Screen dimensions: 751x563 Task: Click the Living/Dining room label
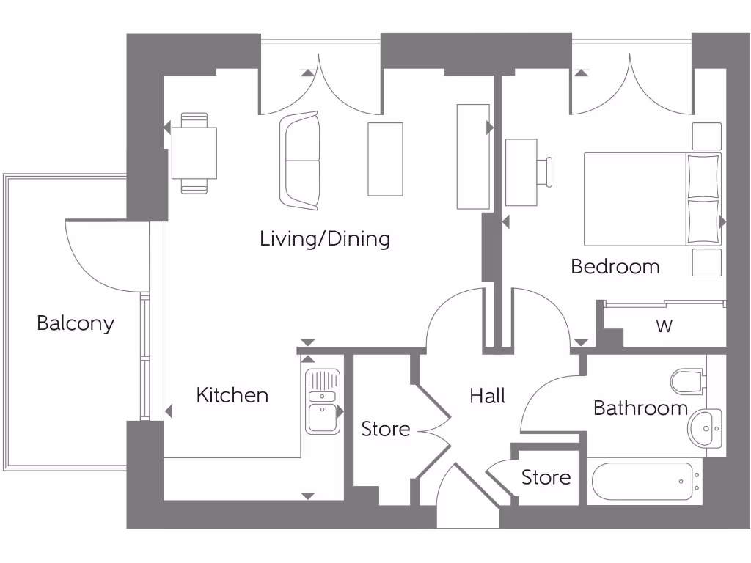click(325, 239)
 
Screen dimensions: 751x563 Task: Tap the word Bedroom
click(615, 267)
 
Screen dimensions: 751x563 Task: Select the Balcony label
click(76, 324)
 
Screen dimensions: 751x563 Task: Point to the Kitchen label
click(232, 395)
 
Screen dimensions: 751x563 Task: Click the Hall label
click(487, 396)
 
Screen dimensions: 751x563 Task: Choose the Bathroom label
click(640, 408)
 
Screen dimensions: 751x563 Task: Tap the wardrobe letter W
click(664, 326)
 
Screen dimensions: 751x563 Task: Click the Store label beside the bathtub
click(546, 477)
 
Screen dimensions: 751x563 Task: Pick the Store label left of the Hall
click(386, 429)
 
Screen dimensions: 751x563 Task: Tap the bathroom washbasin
click(705, 428)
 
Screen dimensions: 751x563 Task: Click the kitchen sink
click(323, 401)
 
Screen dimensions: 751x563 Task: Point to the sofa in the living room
click(300, 161)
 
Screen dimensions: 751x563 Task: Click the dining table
click(194, 153)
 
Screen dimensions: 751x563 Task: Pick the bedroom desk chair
click(545, 172)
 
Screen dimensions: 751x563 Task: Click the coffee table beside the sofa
click(385, 159)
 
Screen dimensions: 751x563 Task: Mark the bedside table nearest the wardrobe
click(706, 262)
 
